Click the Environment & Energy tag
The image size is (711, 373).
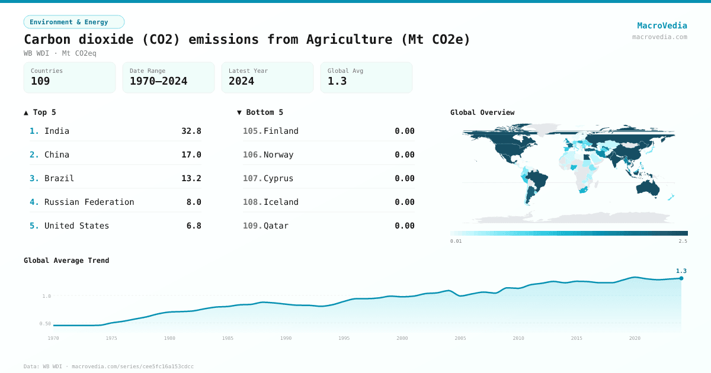[x=74, y=22]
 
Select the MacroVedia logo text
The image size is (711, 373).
[x=662, y=25]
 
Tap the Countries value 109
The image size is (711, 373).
[x=40, y=81]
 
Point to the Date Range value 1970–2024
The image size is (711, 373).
[x=158, y=81]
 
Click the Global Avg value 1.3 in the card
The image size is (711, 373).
[x=337, y=81]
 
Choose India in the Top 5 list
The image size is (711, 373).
[x=57, y=131]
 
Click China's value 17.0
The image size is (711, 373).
[x=191, y=155]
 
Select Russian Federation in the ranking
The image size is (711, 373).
[x=89, y=202]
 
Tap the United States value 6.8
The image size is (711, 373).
[x=194, y=226]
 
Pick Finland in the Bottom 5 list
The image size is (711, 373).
[x=281, y=131]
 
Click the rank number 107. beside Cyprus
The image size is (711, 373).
[x=252, y=178]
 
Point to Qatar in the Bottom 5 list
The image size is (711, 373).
[x=276, y=226]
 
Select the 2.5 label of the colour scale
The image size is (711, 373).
[x=683, y=242]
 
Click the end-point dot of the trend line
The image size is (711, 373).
[x=681, y=278]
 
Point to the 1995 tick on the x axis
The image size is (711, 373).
[x=344, y=338]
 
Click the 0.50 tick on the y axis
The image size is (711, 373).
[x=45, y=323]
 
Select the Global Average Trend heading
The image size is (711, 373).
[x=66, y=261]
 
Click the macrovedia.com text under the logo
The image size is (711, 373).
[x=659, y=37]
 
